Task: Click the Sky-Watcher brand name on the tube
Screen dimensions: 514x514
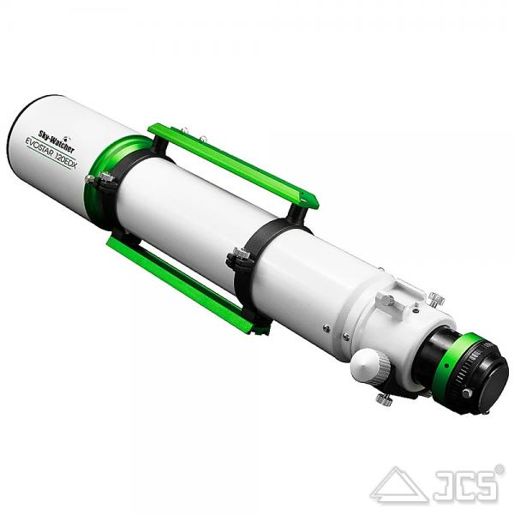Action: click(x=57, y=141)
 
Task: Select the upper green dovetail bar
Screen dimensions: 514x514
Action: click(x=233, y=165)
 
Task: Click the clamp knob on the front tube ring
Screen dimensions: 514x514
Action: click(x=106, y=178)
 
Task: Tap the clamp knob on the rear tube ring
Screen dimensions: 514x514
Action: click(x=241, y=253)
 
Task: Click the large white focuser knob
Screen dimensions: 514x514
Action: click(x=370, y=365)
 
